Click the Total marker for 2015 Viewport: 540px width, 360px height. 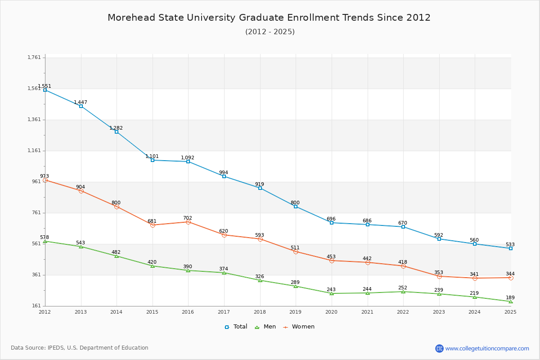pyautogui.click(x=153, y=160)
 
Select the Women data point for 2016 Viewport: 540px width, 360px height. pyautogui.click(x=188, y=222)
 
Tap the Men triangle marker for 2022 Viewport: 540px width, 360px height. pyautogui.click(x=403, y=292)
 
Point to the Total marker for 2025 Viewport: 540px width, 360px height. pyautogui.click(x=511, y=248)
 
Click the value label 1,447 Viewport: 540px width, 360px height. pyautogui.click(x=81, y=102)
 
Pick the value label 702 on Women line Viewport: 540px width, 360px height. pyautogui.click(x=188, y=218)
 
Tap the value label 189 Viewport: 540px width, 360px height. pyautogui.click(x=510, y=297)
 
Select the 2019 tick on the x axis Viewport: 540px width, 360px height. pyautogui.click(x=295, y=312)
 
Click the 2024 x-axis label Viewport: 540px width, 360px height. pyautogui.click(x=474, y=312)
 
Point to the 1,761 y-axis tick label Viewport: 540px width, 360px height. pyautogui.click(x=34, y=58)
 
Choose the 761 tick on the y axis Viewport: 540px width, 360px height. pyautogui.click(x=36, y=213)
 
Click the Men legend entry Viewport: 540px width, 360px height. pyautogui.click(x=265, y=327)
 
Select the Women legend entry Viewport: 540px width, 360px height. pyautogui.click(x=299, y=327)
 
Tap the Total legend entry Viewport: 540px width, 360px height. pyautogui.click(x=236, y=327)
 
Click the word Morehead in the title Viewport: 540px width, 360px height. pyautogui.click(x=131, y=18)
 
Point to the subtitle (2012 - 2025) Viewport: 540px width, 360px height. pyautogui.click(x=270, y=31)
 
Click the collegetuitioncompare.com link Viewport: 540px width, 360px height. pyautogui.click(x=487, y=348)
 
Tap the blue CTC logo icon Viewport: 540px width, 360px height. pyautogui.click(x=439, y=348)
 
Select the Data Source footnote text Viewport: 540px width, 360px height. pyautogui.click(x=80, y=348)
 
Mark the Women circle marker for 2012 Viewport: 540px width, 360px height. pyautogui.click(x=45, y=180)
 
